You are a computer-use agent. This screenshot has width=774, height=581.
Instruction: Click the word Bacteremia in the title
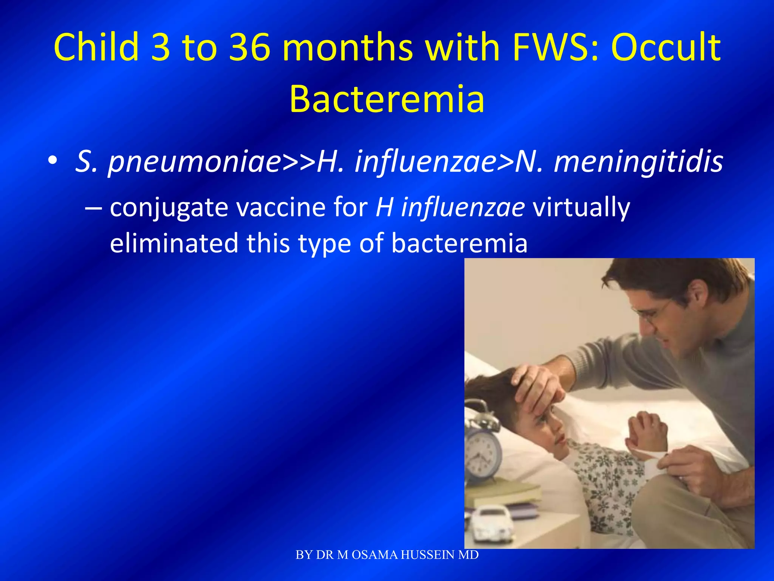387,99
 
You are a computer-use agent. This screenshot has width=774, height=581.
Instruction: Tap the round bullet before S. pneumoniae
53,161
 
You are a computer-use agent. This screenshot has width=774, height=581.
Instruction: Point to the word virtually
581,208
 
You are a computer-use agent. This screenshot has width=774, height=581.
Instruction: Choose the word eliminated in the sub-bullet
174,243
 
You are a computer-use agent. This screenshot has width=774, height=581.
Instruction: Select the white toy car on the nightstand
492,522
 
